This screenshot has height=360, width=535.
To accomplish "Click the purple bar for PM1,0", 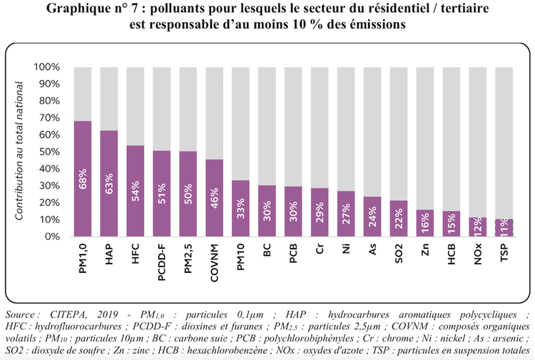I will click(83, 178).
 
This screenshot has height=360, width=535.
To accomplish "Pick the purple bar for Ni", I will click(347, 214).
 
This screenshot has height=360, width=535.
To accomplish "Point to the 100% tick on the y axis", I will click(46, 68).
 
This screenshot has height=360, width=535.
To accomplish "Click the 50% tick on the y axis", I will click(49, 152).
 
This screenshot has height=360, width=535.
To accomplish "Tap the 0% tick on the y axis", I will click(51, 237).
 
